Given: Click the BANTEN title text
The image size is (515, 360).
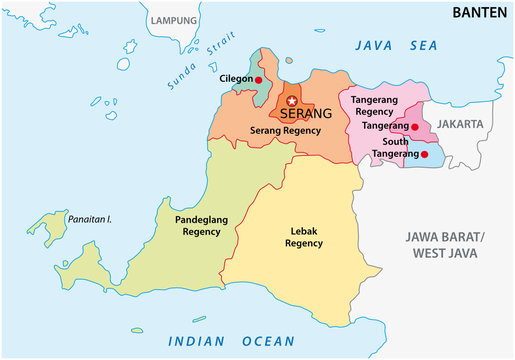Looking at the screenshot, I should (478, 13).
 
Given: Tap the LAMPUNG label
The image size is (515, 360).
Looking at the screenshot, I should (173, 19).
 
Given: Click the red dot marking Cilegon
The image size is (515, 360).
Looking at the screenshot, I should (258, 79).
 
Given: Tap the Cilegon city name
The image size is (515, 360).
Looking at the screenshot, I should (235, 78).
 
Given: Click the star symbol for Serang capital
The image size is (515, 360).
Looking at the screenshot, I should (292, 101).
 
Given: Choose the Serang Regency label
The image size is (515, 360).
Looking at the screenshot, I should (285, 131).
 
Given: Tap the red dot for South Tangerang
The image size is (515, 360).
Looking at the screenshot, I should (424, 154).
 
